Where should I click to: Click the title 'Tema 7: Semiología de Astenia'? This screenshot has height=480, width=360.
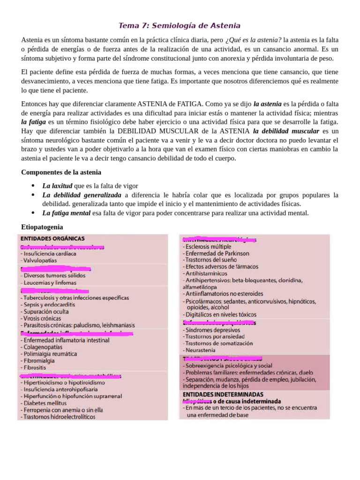tap(180, 25)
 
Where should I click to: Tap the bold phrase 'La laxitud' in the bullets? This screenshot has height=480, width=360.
tap(57, 186)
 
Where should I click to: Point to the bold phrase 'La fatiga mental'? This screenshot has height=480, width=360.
tap(67, 213)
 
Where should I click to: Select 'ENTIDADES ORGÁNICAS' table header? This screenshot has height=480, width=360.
tap(52, 238)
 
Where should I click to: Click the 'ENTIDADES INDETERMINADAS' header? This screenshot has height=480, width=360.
tap(223, 395)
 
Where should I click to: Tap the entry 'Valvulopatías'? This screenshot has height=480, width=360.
tap(39, 260)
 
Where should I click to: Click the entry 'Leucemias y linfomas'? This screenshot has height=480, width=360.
tap(48, 283)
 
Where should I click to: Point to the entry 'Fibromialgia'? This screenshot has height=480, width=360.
tap(38, 361)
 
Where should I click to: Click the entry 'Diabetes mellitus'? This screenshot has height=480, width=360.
tap(45, 403)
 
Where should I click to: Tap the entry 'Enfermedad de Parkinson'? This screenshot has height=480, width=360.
tap(215, 253)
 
